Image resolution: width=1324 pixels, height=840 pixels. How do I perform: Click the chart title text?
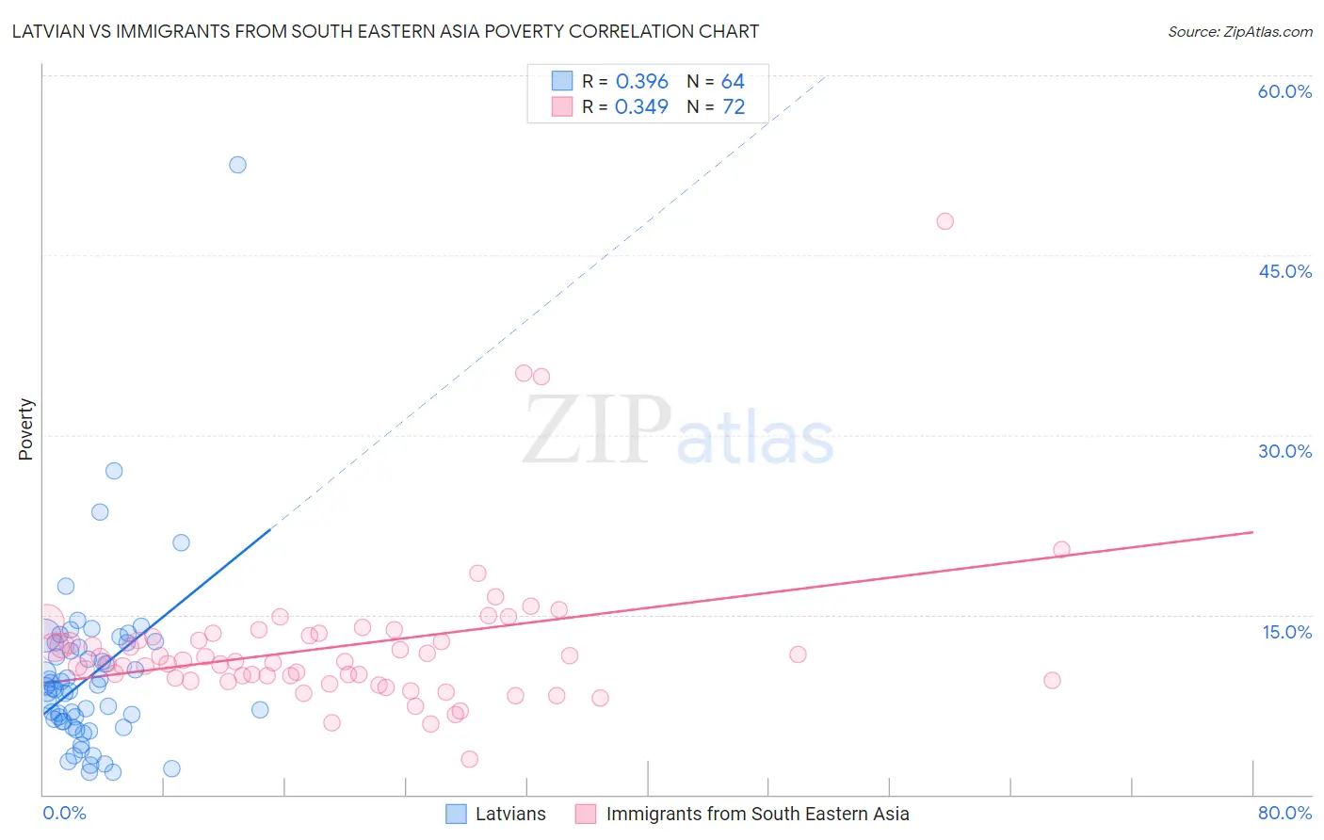point(385,31)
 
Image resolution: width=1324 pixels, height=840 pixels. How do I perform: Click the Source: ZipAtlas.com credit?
point(1239,31)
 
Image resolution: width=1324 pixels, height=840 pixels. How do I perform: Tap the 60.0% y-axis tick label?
point(1284,91)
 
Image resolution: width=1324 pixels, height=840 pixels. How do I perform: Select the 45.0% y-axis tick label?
point(1284,271)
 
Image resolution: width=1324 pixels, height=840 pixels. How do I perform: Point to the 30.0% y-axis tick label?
point(1284,451)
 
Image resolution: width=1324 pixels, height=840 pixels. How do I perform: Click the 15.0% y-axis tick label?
point(1286,632)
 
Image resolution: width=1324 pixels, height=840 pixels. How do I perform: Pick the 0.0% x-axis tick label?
point(64,813)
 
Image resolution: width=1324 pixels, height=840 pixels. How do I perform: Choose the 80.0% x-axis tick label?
point(1284,813)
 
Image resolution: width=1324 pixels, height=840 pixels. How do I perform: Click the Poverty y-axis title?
point(25,429)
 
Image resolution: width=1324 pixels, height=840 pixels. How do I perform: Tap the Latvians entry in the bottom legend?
point(510,814)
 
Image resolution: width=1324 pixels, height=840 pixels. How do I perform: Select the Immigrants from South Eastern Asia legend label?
point(757,814)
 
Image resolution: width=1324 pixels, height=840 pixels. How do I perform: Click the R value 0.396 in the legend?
point(641,82)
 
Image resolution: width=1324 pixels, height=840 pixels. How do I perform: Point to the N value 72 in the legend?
point(734,107)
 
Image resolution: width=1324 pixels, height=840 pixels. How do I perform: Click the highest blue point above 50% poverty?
point(237,165)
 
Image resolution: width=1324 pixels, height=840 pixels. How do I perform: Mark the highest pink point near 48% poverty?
point(945,221)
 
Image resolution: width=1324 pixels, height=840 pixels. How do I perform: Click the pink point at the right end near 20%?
point(1061,550)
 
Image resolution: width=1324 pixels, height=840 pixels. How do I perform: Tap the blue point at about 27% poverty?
point(114,471)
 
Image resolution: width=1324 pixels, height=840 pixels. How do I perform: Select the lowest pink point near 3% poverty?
point(469,759)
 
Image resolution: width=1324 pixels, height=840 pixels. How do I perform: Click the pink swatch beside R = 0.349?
point(562,106)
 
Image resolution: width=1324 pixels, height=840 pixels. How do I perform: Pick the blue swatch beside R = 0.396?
point(562,81)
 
